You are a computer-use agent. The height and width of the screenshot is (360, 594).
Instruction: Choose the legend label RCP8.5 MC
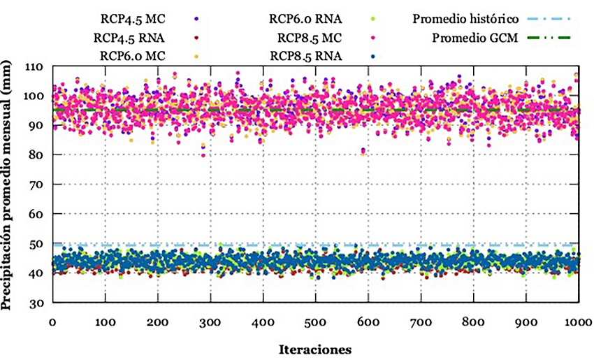pos(307,38)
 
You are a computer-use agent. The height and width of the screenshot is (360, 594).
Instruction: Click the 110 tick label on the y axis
pos(34,66)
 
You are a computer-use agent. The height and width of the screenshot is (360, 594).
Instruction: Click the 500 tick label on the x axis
pos(314,322)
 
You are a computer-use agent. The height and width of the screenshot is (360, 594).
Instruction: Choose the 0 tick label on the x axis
pos(52,322)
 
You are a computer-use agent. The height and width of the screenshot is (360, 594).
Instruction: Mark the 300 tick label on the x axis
pos(210,322)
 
